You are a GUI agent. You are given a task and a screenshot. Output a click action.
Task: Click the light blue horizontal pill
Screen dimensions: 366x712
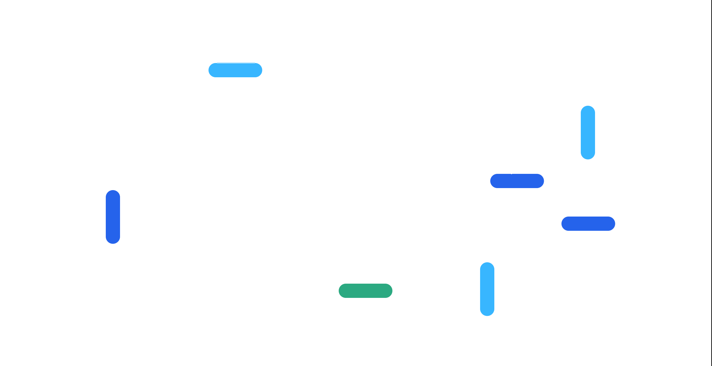tap(235, 70)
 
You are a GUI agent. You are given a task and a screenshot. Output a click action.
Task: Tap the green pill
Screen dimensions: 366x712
tap(365, 291)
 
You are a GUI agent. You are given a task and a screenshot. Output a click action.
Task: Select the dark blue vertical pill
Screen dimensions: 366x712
tap(113, 217)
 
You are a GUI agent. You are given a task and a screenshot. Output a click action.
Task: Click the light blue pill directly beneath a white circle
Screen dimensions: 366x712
tap(588, 133)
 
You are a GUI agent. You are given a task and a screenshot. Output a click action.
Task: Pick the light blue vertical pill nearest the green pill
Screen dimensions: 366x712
tap(487, 289)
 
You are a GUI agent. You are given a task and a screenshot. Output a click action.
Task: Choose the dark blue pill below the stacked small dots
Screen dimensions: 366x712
tap(517, 181)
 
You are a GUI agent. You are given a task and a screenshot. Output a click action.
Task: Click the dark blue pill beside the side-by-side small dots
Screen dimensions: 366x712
tap(588, 224)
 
